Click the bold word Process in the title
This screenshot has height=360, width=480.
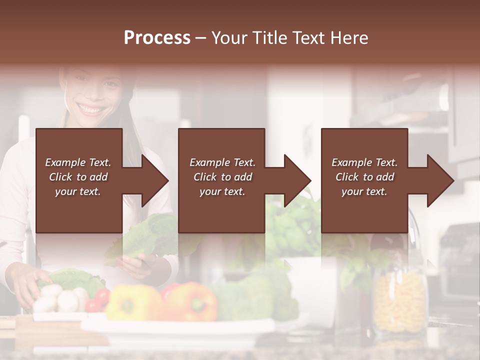pos(157,38)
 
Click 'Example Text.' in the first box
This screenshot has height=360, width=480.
pos(78,162)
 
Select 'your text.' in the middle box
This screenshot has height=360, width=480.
pos(222,191)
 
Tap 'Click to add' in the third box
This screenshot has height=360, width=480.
pos(364,177)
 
